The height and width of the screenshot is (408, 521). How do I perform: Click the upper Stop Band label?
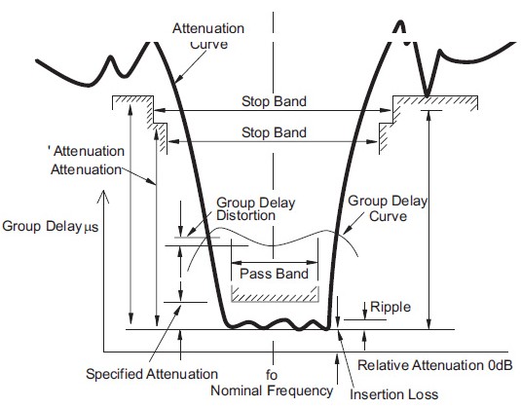coord(274,101)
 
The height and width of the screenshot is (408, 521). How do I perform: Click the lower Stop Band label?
coord(274,132)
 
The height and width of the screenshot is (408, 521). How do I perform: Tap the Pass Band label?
coord(274,274)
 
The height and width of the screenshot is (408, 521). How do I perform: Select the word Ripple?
coord(391,307)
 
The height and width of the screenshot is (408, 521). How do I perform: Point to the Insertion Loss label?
coord(393,394)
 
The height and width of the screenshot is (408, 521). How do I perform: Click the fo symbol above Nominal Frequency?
coord(272,375)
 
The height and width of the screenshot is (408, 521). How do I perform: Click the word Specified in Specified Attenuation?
coord(115,374)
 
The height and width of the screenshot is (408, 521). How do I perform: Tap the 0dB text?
coord(501,365)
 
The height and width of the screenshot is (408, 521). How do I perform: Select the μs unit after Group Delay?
coord(91,228)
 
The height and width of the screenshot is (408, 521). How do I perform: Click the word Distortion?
coord(245,215)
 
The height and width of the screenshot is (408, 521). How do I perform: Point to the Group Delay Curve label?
coord(388,208)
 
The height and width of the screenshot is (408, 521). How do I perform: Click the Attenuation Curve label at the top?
coord(208,36)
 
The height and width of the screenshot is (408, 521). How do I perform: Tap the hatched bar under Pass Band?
coord(276,294)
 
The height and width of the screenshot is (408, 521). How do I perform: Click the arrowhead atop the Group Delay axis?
coord(104,196)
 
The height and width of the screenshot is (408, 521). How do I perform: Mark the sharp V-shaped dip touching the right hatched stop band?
coord(427,94)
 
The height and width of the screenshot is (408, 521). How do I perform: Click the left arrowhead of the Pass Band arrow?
coord(236,263)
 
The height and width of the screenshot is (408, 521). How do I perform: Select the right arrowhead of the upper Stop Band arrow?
coord(386,110)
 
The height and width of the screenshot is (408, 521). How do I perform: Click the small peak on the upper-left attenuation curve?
coord(111,57)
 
